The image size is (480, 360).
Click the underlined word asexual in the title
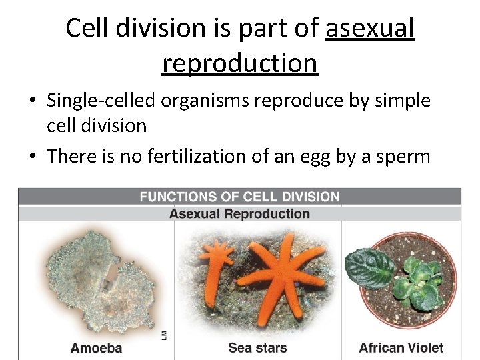click(x=370, y=28)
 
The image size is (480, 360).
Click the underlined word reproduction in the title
click(x=240, y=63)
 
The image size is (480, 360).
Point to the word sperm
click(x=403, y=155)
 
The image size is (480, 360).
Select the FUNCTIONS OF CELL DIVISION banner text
click(x=239, y=197)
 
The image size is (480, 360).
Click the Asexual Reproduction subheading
click(x=239, y=214)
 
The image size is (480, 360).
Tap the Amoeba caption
click(x=96, y=347)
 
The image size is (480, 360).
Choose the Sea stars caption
click(x=257, y=347)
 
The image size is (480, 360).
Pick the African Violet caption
click(x=401, y=347)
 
